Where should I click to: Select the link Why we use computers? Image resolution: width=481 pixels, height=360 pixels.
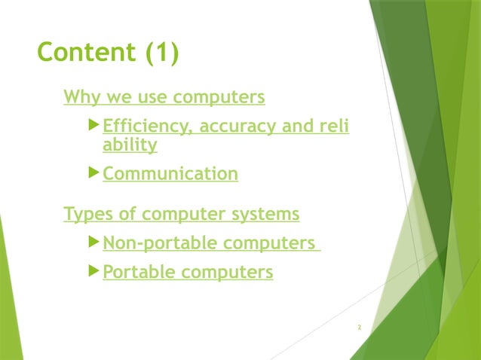164,97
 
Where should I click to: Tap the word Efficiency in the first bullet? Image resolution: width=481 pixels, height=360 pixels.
146,126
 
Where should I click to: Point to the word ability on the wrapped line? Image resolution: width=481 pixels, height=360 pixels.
130,145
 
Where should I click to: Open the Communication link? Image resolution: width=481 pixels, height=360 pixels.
170,174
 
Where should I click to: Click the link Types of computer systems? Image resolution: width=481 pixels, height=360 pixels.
182,214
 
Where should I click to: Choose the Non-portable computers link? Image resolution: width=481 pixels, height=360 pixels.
209,243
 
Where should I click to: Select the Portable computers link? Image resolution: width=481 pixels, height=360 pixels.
188,272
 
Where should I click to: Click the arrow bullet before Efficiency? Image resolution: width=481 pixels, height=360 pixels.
93,125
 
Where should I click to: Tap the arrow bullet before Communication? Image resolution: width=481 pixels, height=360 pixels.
93,173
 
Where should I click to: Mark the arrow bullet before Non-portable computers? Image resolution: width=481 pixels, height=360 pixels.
93,243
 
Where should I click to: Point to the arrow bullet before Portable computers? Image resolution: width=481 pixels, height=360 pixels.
93,271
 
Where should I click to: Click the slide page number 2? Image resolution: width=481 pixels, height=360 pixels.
360,328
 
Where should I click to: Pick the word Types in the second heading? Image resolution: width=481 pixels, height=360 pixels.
89,214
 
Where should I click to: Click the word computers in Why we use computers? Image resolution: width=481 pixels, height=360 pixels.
219,97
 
